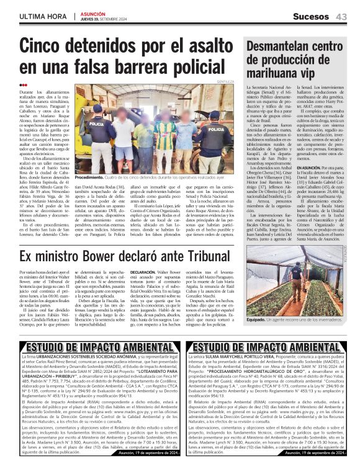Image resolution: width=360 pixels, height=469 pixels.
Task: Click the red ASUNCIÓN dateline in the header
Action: (x=92, y=13)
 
